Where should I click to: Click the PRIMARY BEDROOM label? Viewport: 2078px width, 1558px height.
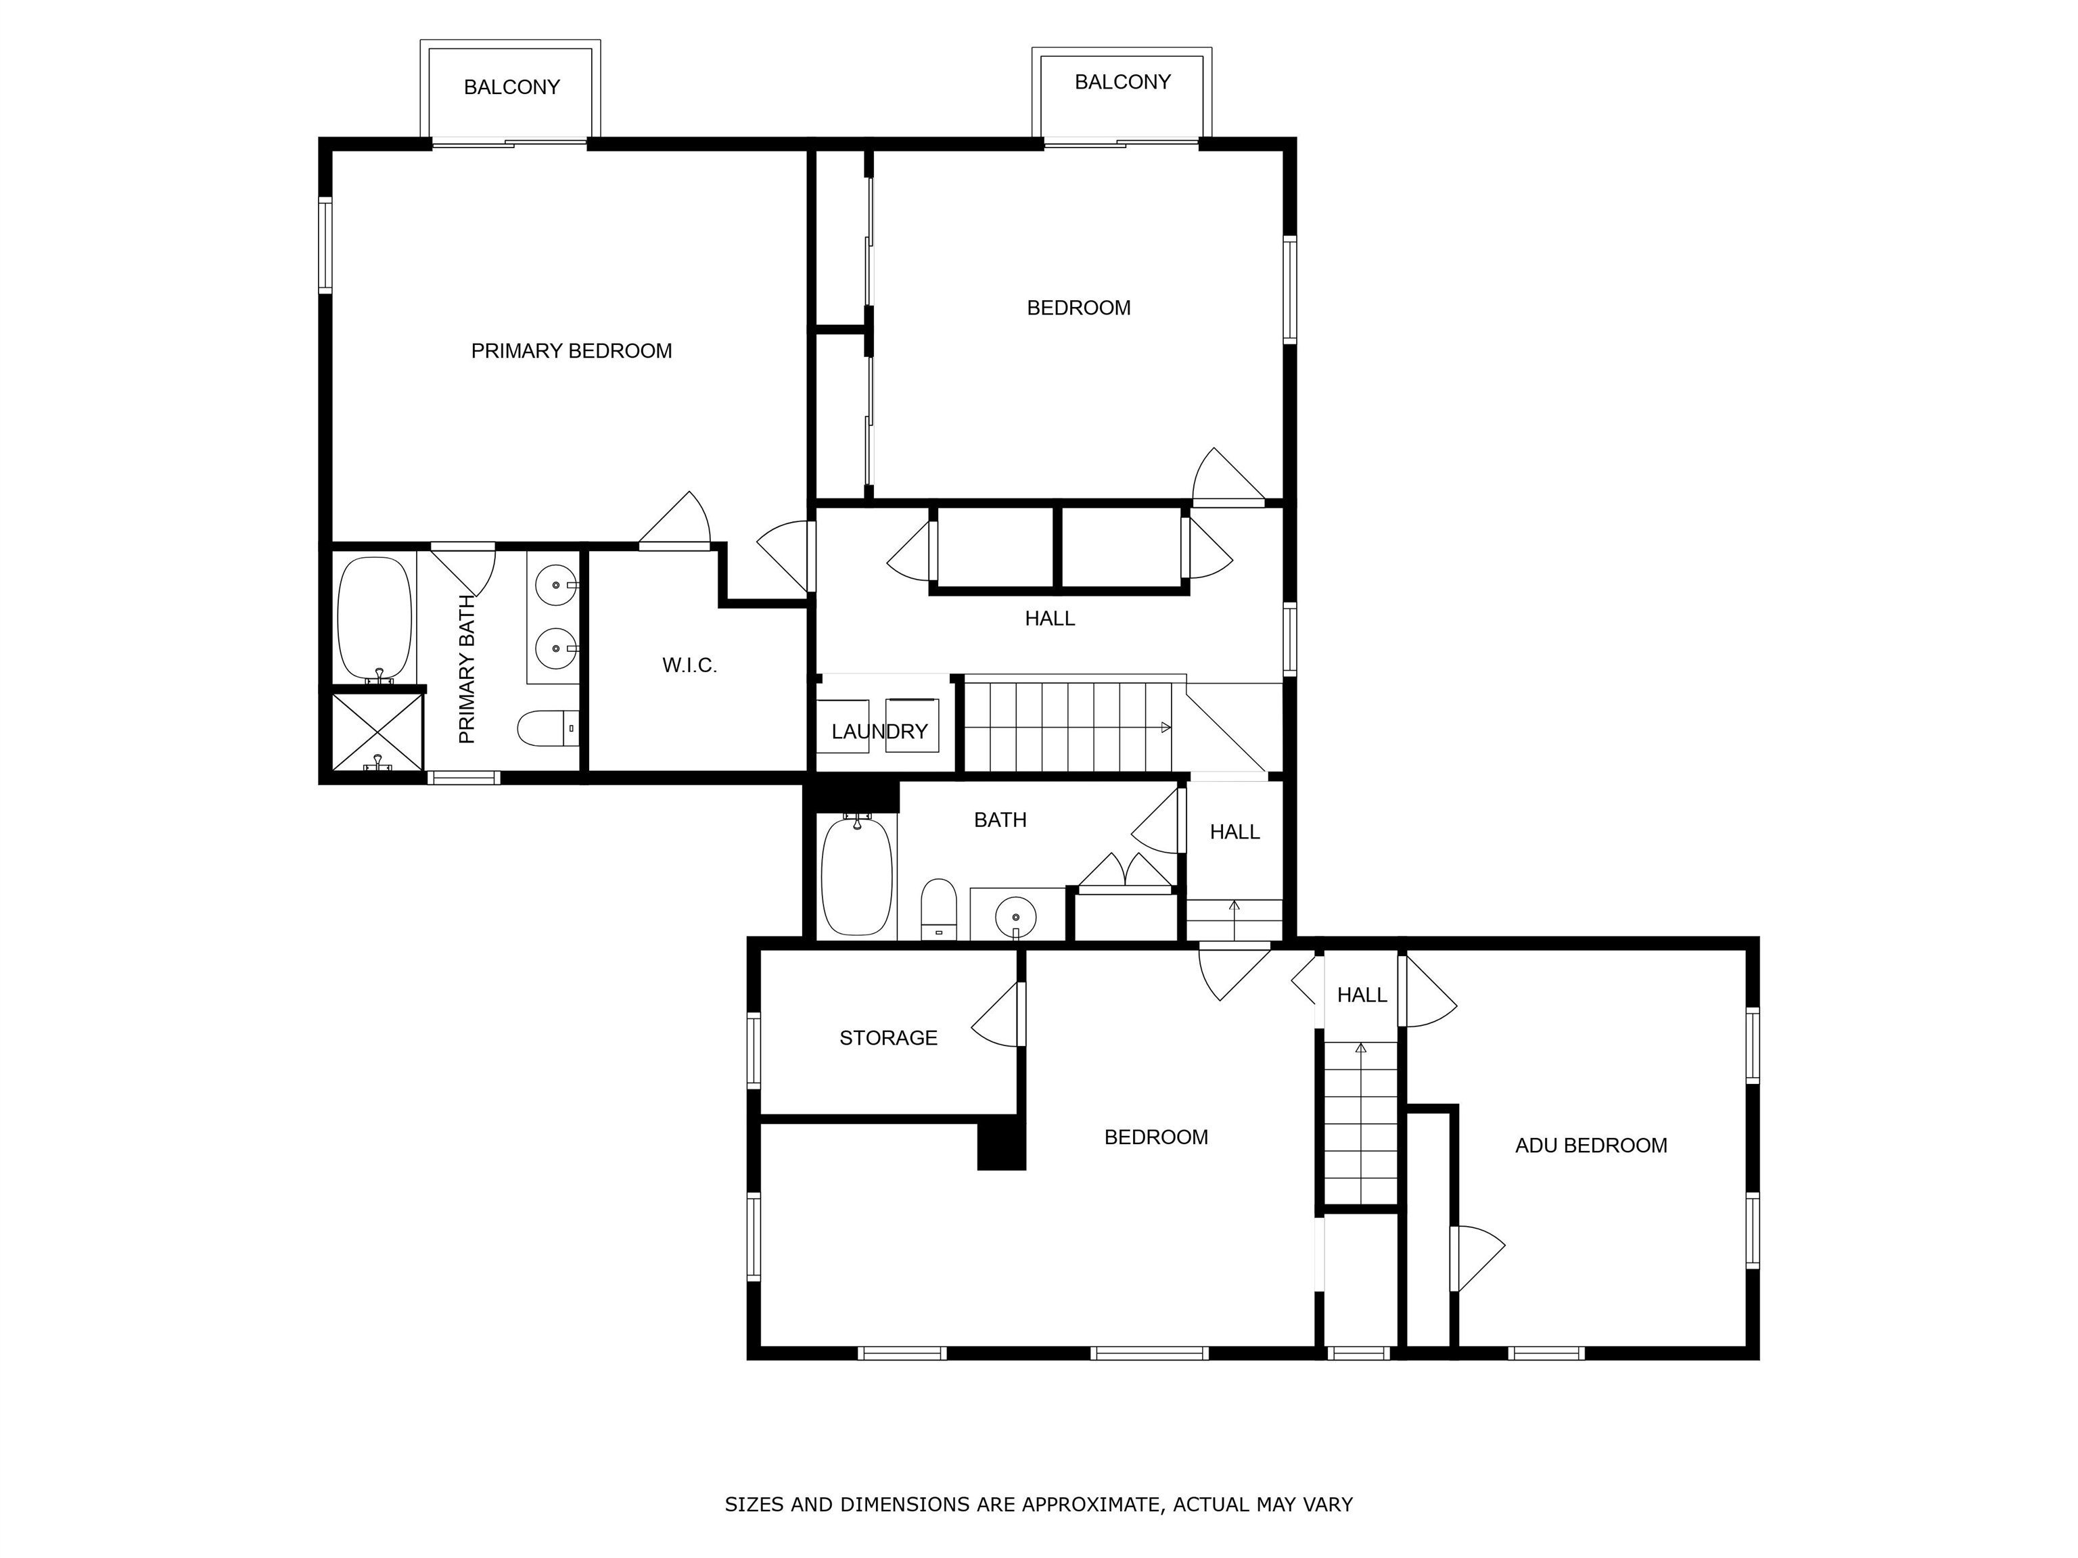click(x=571, y=351)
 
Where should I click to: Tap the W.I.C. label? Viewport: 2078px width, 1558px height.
click(x=689, y=666)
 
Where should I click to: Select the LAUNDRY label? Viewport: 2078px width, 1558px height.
click(x=879, y=732)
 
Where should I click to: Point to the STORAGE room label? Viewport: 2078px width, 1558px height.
click(x=889, y=1038)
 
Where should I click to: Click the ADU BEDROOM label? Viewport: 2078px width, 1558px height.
click(x=1592, y=1146)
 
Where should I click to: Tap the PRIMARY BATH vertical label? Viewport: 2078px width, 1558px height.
click(x=467, y=669)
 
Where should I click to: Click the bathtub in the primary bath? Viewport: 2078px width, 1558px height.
click(x=375, y=618)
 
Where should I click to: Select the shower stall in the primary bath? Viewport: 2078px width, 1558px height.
click(x=377, y=732)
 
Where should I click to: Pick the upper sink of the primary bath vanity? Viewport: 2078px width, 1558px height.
click(x=556, y=586)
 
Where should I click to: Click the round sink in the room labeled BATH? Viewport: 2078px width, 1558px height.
click(x=1015, y=916)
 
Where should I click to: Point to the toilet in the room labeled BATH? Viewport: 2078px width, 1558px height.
click(x=938, y=908)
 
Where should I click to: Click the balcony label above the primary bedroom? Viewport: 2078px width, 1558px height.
click(x=512, y=87)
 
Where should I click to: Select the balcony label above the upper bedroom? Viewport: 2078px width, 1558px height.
click(x=1123, y=82)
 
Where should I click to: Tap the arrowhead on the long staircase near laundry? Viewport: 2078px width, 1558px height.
click(x=1165, y=727)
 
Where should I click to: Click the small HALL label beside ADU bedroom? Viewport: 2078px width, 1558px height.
click(x=1362, y=995)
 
